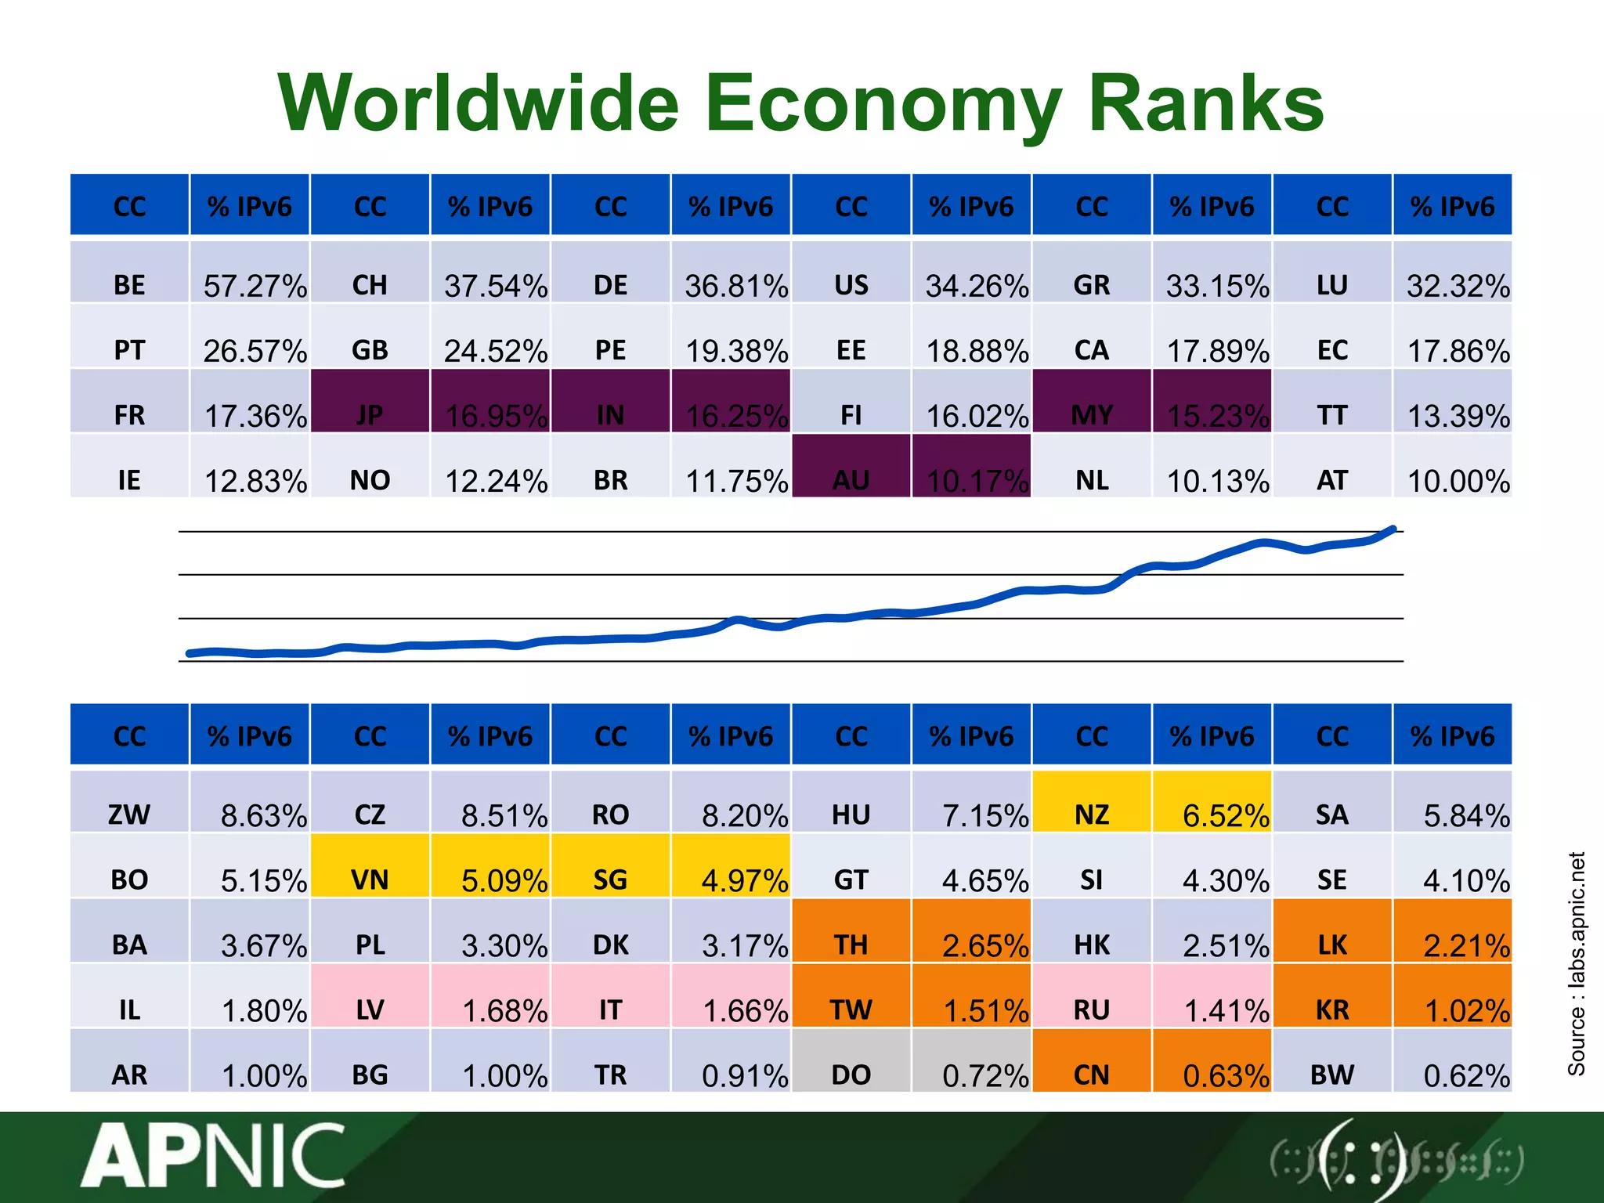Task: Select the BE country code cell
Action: click(129, 284)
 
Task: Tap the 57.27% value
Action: click(255, 286)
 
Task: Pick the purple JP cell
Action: click(370, 414)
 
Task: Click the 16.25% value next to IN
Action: click(736, 415)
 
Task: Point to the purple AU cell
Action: click(851, 479)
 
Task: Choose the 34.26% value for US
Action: click(977, 286)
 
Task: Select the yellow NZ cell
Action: click(1092, 815)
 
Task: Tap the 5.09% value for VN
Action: click(504, 880)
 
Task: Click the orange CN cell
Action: click(1092, 1075)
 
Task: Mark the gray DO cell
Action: click(851, 1075)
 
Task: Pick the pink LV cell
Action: click(370, 1010)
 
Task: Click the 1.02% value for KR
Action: click(1466, 1010)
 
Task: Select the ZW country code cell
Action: click(129, 815)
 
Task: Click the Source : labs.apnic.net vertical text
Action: click(1576, 963)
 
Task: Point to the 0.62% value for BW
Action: click(1466, 1075)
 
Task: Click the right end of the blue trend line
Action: click(1393, 529)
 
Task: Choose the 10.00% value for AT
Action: click(1458, 480)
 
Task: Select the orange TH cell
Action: click(851, 945)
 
